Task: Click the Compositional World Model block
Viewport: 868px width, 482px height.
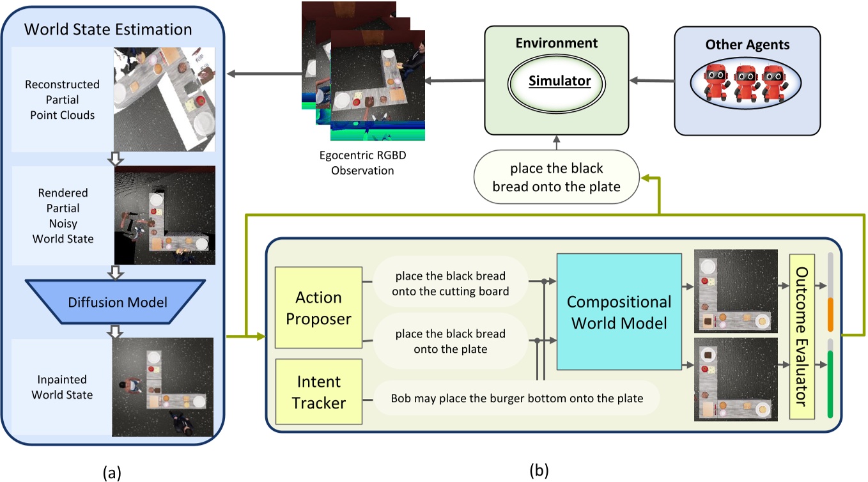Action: pyautogui.click(x=619, y=312)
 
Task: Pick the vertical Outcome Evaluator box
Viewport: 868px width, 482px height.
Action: pyautogui.click(x=802, y=336)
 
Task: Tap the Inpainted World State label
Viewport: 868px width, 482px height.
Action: pyautogui.click(x=62, y=387)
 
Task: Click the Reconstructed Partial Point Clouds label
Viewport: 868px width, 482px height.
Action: pyautogui.click(x=62, y=100)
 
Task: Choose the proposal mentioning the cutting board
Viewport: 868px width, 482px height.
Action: pyautogui.click(x=450, y=283)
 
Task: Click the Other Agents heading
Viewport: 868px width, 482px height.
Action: pyautogui.click(x=747, y=45)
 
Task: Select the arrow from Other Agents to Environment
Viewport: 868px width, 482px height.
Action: pyautogui.click(x=651, y=81)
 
